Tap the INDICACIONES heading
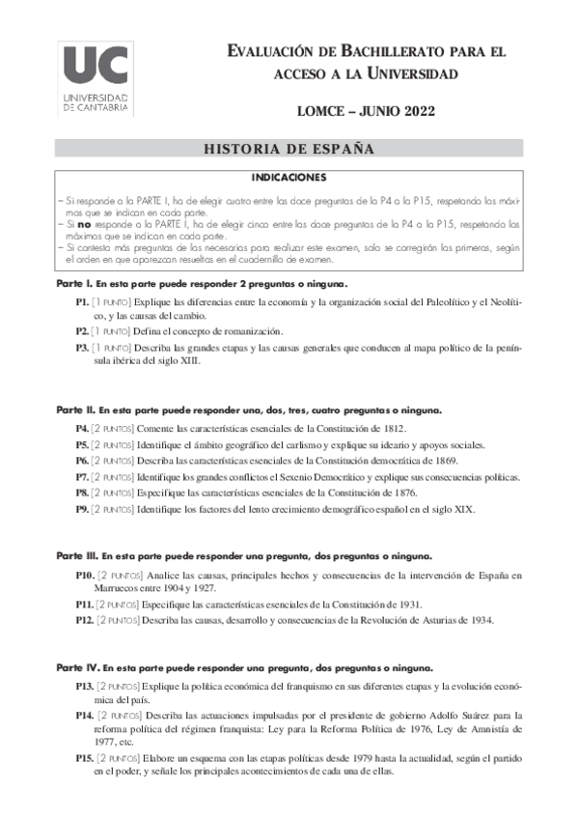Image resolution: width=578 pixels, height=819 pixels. coord(289,179)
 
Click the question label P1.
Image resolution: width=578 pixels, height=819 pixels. coord(82,302)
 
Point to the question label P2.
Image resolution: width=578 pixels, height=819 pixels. coord(82,330)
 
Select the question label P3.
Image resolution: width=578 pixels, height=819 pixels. coord(82,345)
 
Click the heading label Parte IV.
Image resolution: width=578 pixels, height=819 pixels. coord(74,668)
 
